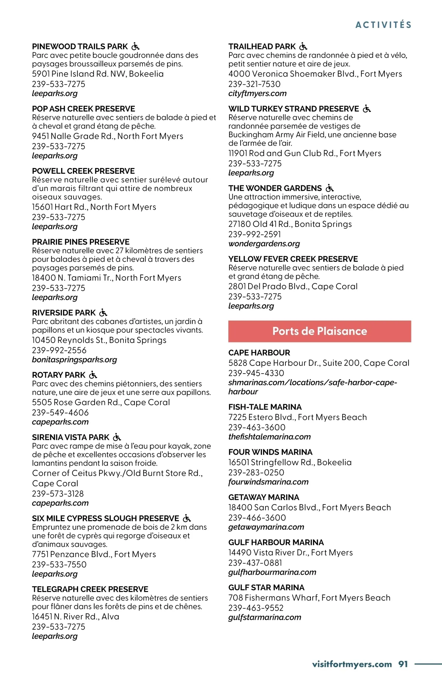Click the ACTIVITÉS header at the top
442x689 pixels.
(x=383, y=25)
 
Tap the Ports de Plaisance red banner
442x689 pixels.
(x=319, y=331)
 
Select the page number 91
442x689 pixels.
(x=403, y=664)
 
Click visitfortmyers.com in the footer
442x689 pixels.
(x=352, y=664)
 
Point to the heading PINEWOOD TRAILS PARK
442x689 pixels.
(x=80, y=47)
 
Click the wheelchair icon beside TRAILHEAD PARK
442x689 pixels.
(x=303, y=46)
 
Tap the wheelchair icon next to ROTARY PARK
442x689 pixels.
(x=93, y=375)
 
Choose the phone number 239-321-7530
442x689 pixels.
(x=254, y=84)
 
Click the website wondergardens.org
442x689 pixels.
(x=264, y=244)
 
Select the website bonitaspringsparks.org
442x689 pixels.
(x=74, y=360)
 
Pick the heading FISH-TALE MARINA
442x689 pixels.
(x=265, y=407)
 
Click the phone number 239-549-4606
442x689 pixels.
(x=60, y=413)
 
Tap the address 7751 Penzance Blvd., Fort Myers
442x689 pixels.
(x=94, y=555)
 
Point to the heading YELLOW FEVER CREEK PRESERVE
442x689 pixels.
(x=293, y=259)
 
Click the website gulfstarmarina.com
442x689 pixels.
(x=264, y=617)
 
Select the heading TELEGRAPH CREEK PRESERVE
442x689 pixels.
(x=90, y=589)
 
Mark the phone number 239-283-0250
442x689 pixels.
(x=256, y=472)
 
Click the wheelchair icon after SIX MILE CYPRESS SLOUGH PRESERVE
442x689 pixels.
(x=187, y=518)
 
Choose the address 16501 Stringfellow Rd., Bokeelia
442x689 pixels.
(x=290, y=462)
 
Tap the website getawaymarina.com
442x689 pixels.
(x=266, y=527)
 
